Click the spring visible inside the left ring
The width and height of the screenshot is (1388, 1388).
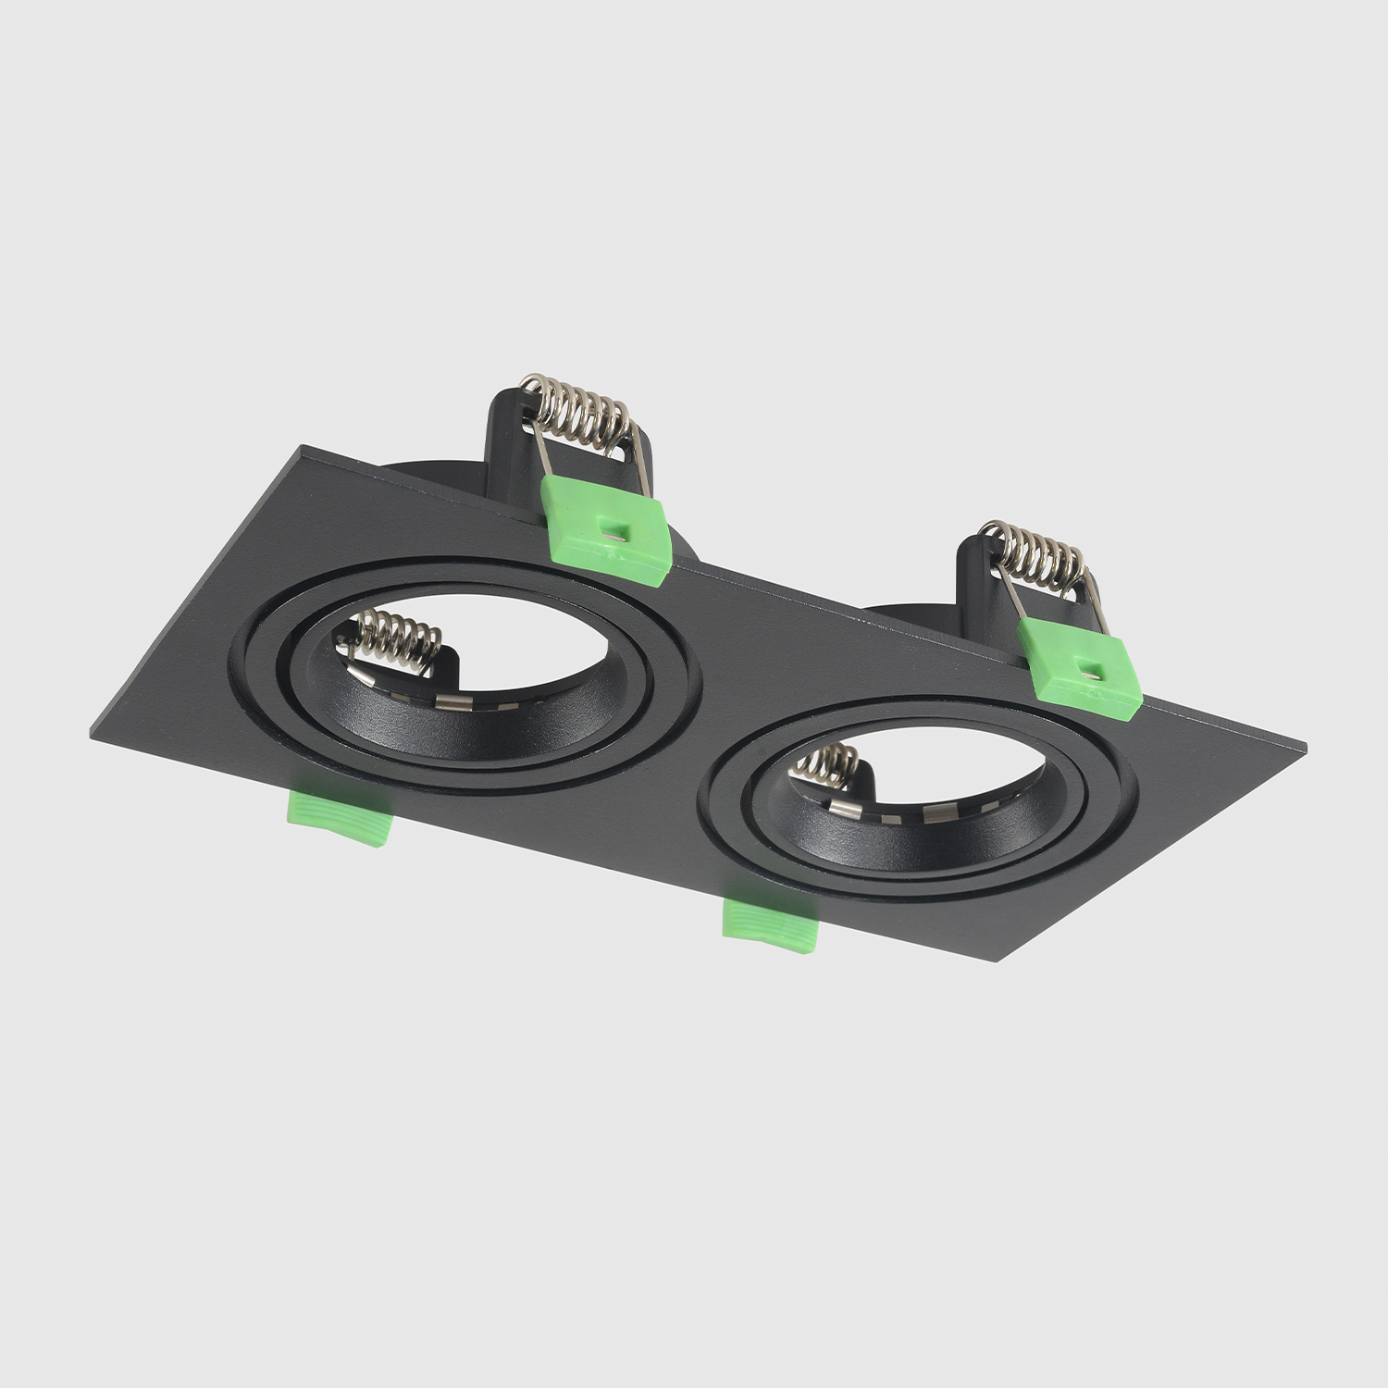pyautogui.click(x=393, y=638)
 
